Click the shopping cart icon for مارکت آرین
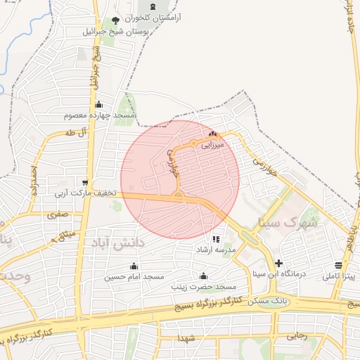pos(84,181)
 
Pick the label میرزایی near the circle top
pos(212,146)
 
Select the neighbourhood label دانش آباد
pos(116,242)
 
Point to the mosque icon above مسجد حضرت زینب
pos(204,276)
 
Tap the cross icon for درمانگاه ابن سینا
pos(279,263)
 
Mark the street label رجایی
pos(297,336)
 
